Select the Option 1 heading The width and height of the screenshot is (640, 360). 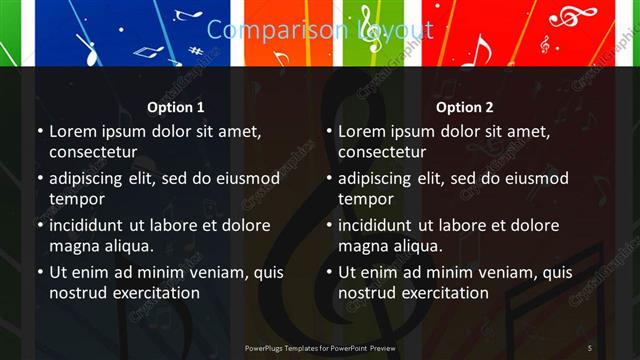tap(176, 107)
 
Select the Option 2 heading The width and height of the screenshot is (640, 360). tap(465, 107)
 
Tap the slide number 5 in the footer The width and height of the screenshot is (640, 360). tap(589, 347)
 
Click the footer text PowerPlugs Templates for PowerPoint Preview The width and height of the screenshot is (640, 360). tap(320, 347)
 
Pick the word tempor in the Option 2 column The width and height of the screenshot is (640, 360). tap(366, 199)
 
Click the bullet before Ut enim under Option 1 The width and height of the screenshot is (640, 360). tap(39, 272)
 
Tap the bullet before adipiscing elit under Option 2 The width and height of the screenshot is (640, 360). tap(328, 179)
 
